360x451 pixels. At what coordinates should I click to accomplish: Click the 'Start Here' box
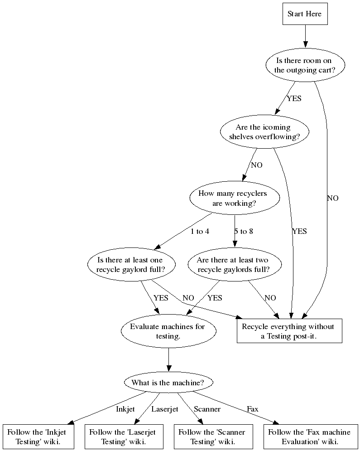tap(304, 14)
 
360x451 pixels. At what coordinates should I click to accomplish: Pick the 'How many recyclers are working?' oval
tap(234, 198)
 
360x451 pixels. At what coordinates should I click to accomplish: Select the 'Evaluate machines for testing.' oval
tap(168, 331)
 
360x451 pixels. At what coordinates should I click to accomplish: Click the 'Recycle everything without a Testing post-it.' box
tap(289, 331)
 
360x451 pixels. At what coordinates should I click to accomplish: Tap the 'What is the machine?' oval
tap(168, 383)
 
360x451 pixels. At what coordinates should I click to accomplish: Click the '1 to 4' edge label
tap(200, 232)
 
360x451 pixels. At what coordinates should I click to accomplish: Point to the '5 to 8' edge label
tap(244, 232)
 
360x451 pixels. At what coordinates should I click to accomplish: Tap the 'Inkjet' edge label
tap(125, 409)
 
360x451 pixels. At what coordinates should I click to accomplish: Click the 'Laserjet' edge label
tap(165, 409)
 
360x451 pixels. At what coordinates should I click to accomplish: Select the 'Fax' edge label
tap(253, 409)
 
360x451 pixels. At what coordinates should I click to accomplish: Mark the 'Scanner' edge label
tap(207, 409)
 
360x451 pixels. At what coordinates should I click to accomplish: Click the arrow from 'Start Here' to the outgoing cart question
tap(305, 36)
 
